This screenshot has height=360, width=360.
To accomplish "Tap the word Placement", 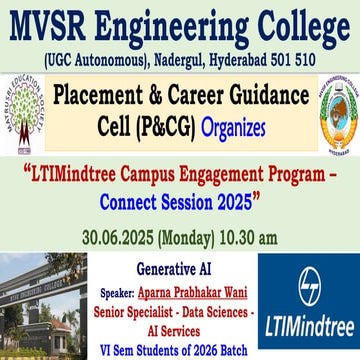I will [x=103, y=96].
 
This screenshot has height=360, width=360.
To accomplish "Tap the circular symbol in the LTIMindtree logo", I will [x=308, y=279].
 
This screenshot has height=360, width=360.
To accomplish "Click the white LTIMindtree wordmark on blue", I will [x=308, y=327].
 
